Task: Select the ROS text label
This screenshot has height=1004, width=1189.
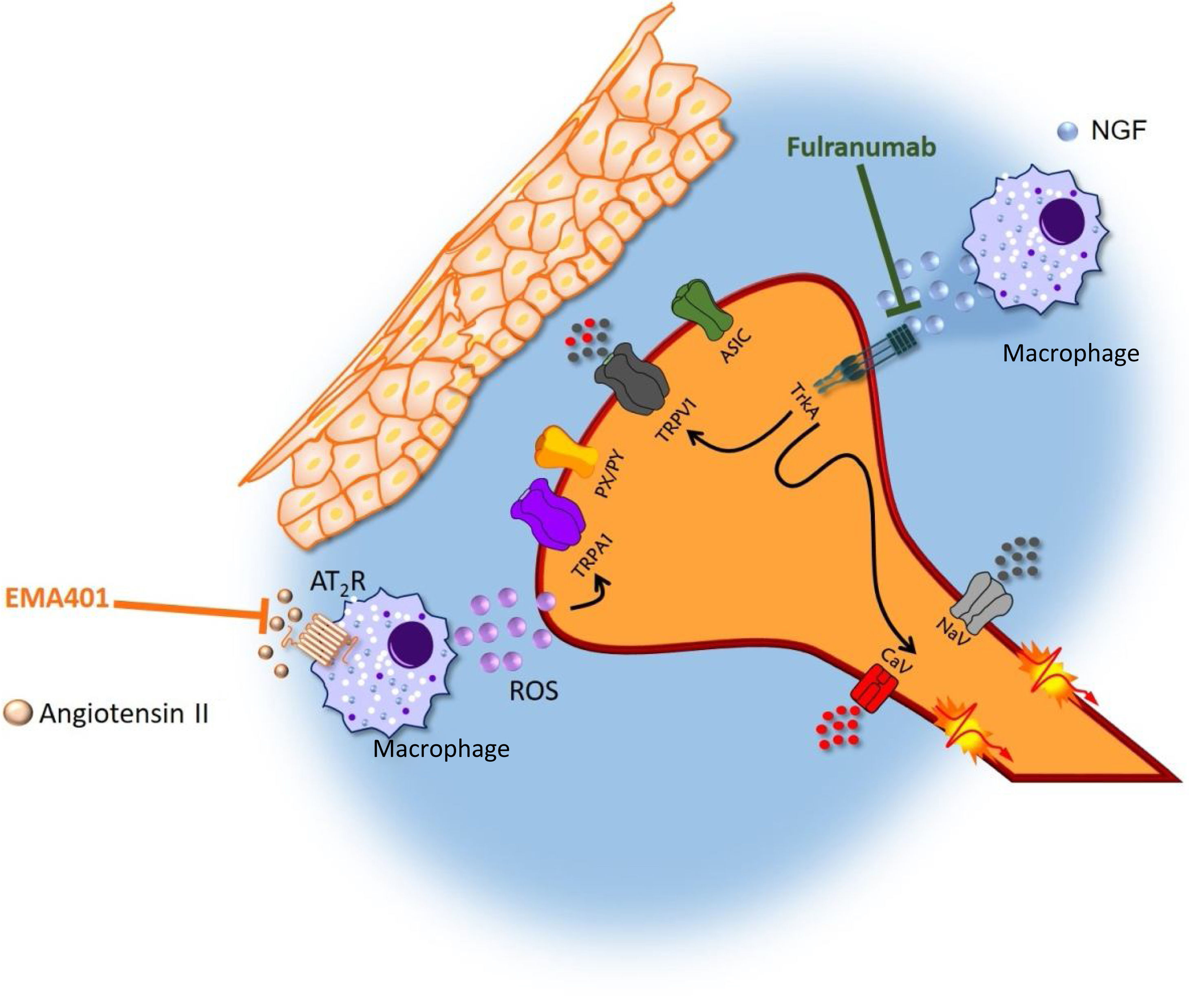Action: pos(534,690)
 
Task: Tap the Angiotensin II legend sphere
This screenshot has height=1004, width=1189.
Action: pos(17,713)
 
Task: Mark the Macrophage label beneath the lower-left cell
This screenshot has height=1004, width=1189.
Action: pos(441,749)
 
